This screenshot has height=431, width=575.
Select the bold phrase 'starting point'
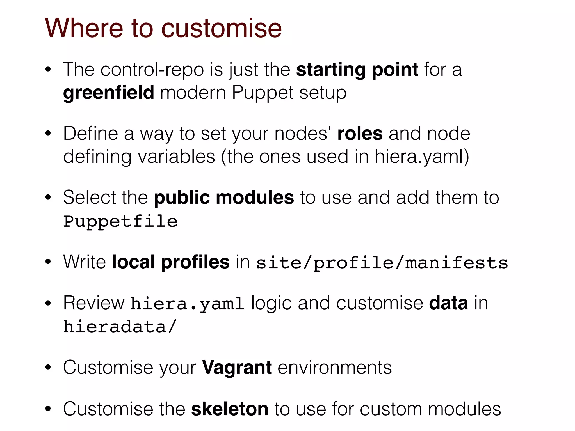coord(357,70)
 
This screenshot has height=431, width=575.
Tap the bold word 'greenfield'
coord(109,93)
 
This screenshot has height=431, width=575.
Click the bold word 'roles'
coord(360,134)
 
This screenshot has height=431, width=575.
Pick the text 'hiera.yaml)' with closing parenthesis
coord(422,157)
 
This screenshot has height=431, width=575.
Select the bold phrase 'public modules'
coord(224,198)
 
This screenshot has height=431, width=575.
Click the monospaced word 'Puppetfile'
coord(120,221)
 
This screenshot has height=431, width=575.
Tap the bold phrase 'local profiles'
coord(171,262)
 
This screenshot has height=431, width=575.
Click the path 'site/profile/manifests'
coord(382,263)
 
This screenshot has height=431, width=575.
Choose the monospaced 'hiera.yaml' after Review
coord(187,304)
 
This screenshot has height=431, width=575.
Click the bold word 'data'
coord(448,303)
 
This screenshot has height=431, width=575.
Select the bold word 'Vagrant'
coord(237,367)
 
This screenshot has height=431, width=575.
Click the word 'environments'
coord(335,367)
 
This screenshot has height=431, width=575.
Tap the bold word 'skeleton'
coord(230,409)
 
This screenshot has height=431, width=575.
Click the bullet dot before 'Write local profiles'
coord(48,262)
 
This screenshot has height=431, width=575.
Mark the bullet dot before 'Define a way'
coord(48,134)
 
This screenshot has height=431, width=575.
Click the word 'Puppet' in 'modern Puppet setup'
coord(263,93)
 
